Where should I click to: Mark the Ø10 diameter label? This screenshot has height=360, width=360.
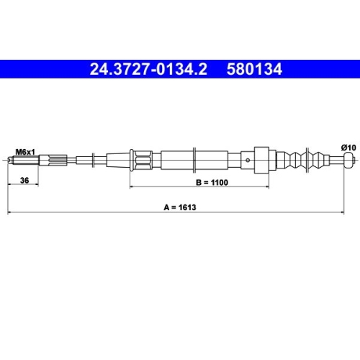pyautogui.click(x=348, y=147)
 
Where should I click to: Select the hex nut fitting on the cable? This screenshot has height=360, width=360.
pyautogui.click(x=141, y=158)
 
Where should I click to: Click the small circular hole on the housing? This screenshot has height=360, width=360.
pyautogui.click(x=248, y=158)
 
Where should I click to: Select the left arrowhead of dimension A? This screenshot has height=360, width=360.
pyautogui.click(x=9, y=212)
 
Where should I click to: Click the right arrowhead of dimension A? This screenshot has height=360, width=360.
pyautogui.click(x=354, y=212)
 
